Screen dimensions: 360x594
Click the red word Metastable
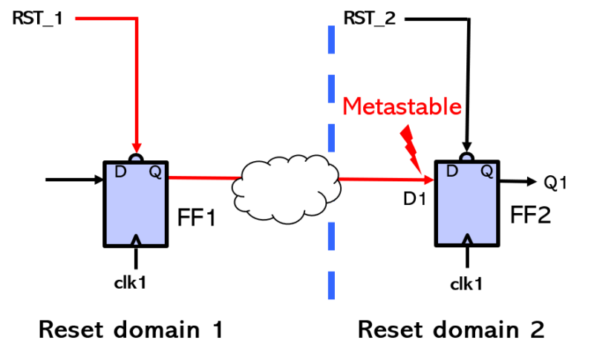point(402,107)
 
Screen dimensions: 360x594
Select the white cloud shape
point(286,189)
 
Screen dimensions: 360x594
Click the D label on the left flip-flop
point(120,172)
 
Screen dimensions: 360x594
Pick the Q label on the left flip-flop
point(154,172)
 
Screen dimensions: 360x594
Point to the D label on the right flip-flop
point(451,171)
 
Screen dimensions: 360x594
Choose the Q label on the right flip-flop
point(486,171)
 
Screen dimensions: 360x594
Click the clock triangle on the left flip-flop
point(136,239)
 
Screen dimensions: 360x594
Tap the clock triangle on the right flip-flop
point(467,239)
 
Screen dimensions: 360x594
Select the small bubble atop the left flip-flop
point(136,160)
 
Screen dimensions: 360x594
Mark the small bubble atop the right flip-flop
point(466,159)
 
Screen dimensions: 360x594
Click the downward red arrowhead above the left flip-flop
point(137,148)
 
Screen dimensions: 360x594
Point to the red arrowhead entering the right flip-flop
point(428,179)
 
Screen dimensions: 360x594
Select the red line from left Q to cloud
point(204,178)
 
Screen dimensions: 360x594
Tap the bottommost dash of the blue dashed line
point(331,286)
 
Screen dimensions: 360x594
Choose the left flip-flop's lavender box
point(136,208)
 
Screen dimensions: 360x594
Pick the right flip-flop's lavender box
point(467,208)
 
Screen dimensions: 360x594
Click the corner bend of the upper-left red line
point(137,19)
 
